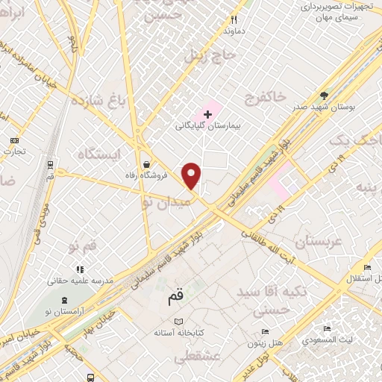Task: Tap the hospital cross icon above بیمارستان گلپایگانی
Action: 207,113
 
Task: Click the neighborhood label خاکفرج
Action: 267,98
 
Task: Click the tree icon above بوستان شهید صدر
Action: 323,95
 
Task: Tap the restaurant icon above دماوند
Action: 233,19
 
